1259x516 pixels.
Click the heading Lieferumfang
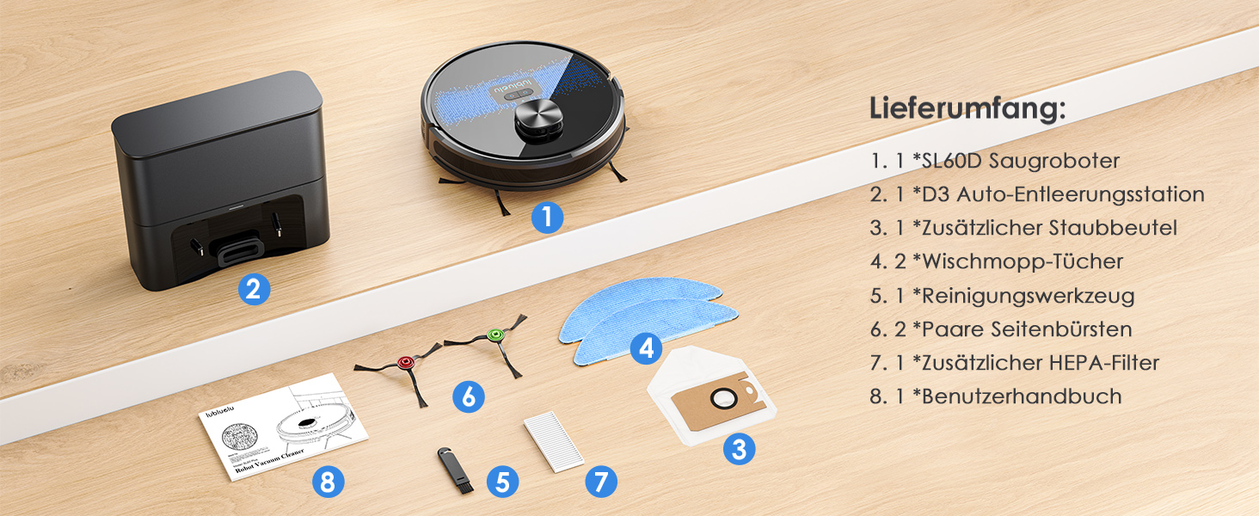[967, 107]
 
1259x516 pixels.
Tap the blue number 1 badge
[547, 217]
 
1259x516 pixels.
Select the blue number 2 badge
[254, 289]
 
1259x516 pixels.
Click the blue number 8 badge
[329, 482]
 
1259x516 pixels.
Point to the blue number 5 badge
[502, 482]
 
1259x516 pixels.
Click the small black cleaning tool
[455, 470]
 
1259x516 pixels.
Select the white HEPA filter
[554, 441]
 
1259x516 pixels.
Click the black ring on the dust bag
[724, 398]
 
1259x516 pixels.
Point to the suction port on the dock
[237, 251]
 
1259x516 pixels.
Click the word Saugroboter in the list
[1053, 161]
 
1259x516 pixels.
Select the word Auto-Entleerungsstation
[1080, 194]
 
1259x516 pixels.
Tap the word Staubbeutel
[1113, 228]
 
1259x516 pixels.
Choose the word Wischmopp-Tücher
[1023, 261]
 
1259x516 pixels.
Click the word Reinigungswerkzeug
[1028, 296]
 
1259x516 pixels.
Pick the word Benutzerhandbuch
[1022, 396]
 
